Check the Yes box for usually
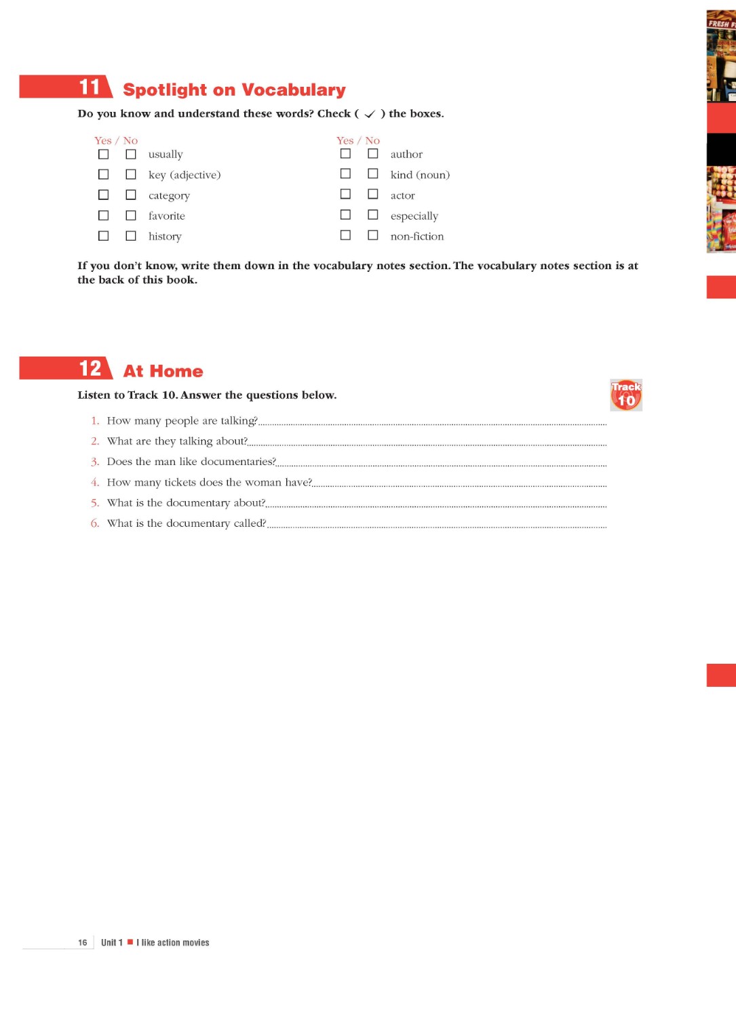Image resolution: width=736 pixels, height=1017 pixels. point(103,155)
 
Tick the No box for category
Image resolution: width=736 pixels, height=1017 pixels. point(131,195)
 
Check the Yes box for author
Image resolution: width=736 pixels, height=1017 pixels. point(345,154)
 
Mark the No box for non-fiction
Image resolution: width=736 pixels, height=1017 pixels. point(373,235)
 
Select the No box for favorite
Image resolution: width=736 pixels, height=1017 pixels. point(131,216)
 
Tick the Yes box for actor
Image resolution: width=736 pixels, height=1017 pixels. point(345,195)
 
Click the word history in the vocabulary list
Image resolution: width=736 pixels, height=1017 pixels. point(165,237)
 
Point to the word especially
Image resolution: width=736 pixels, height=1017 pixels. point(414,216)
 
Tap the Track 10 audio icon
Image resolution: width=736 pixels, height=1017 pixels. point(625,395)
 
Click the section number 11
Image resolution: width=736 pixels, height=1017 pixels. point(90,87)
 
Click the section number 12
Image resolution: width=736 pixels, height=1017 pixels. point(90,369)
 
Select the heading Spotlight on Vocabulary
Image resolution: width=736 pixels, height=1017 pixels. point(234,90)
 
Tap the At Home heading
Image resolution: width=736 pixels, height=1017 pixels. point(163,372)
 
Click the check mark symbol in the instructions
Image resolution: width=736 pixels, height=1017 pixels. point(370,114)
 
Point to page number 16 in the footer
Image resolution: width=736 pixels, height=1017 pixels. point(83,942)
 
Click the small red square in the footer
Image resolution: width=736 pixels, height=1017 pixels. point(130,942)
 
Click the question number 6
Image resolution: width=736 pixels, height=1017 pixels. point(95,523)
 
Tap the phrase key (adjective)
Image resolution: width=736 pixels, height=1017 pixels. point(185,175)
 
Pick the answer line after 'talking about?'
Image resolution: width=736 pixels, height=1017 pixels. point(427,444)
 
